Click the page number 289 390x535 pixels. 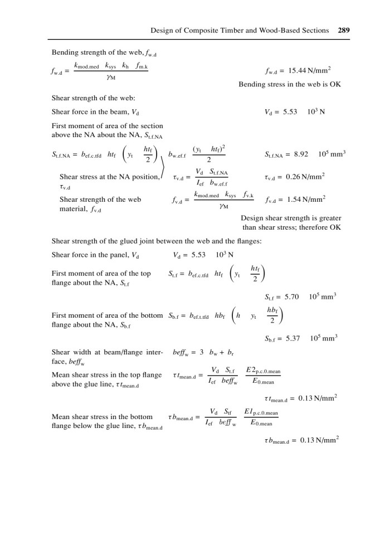(x=344, y=30)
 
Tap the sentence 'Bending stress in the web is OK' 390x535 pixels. (x=289, y=85)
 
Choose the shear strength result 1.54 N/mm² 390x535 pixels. (x=301, y=198)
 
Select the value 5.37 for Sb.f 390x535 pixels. (x=291, y=338)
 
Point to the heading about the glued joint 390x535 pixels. (x=157, y=241)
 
